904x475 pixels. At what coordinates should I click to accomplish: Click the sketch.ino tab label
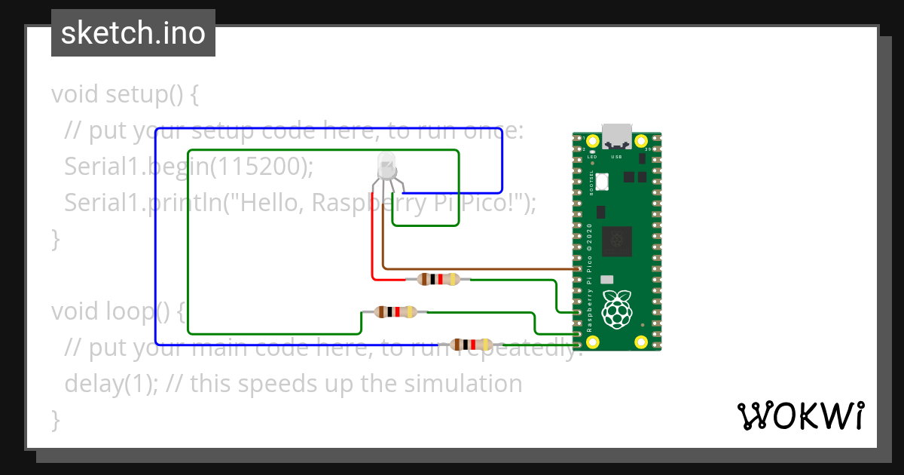133,33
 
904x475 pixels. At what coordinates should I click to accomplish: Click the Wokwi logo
799,415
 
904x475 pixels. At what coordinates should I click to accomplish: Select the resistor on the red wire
438,280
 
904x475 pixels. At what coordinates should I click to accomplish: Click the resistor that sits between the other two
395,311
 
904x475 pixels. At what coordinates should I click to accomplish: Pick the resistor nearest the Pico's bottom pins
472,345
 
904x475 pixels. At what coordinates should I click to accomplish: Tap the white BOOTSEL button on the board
603,182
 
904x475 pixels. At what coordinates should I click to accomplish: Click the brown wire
482,268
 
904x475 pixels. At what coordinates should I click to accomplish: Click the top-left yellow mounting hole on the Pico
593,141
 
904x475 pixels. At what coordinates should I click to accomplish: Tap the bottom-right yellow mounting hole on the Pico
641,342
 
